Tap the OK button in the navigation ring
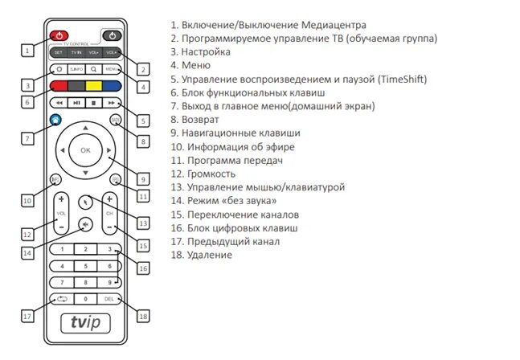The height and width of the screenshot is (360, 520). pos(84,150)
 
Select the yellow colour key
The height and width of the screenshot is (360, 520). pos(93,85)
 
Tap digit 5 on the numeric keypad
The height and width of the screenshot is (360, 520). pos(84,265)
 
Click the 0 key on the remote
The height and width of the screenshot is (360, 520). pos(84,299)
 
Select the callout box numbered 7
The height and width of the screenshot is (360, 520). pos(27,138)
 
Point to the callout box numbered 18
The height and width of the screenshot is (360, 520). pos(143,316)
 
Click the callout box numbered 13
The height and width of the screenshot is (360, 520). pos(143,223)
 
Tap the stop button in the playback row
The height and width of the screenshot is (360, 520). pos(93,104)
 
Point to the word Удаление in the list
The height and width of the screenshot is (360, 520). pos(211,255)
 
